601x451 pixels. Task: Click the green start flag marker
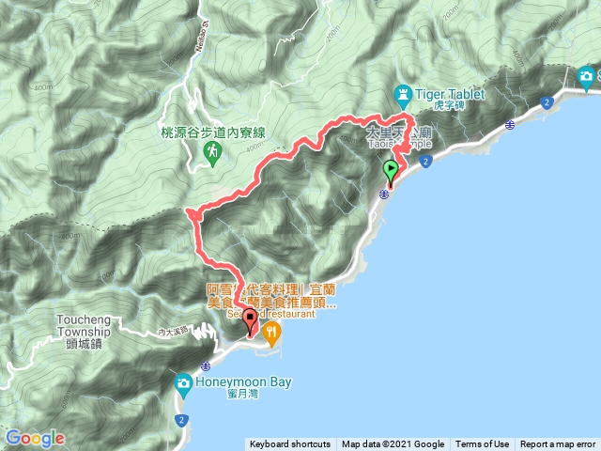point(391,171)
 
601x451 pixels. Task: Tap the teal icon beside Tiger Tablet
point(403,93)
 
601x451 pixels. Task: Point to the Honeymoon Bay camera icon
point(183,382)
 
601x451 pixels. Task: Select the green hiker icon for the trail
point(213,150)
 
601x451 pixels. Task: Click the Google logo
point(35,438)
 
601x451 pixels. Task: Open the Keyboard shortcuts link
point(289,444)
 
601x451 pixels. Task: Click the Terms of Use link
point(483,444)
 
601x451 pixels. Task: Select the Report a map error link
point(559,444)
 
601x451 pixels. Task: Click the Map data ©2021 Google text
point(393,444)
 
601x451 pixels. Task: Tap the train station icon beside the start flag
point(385,194)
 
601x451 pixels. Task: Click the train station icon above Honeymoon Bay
point(206,365)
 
